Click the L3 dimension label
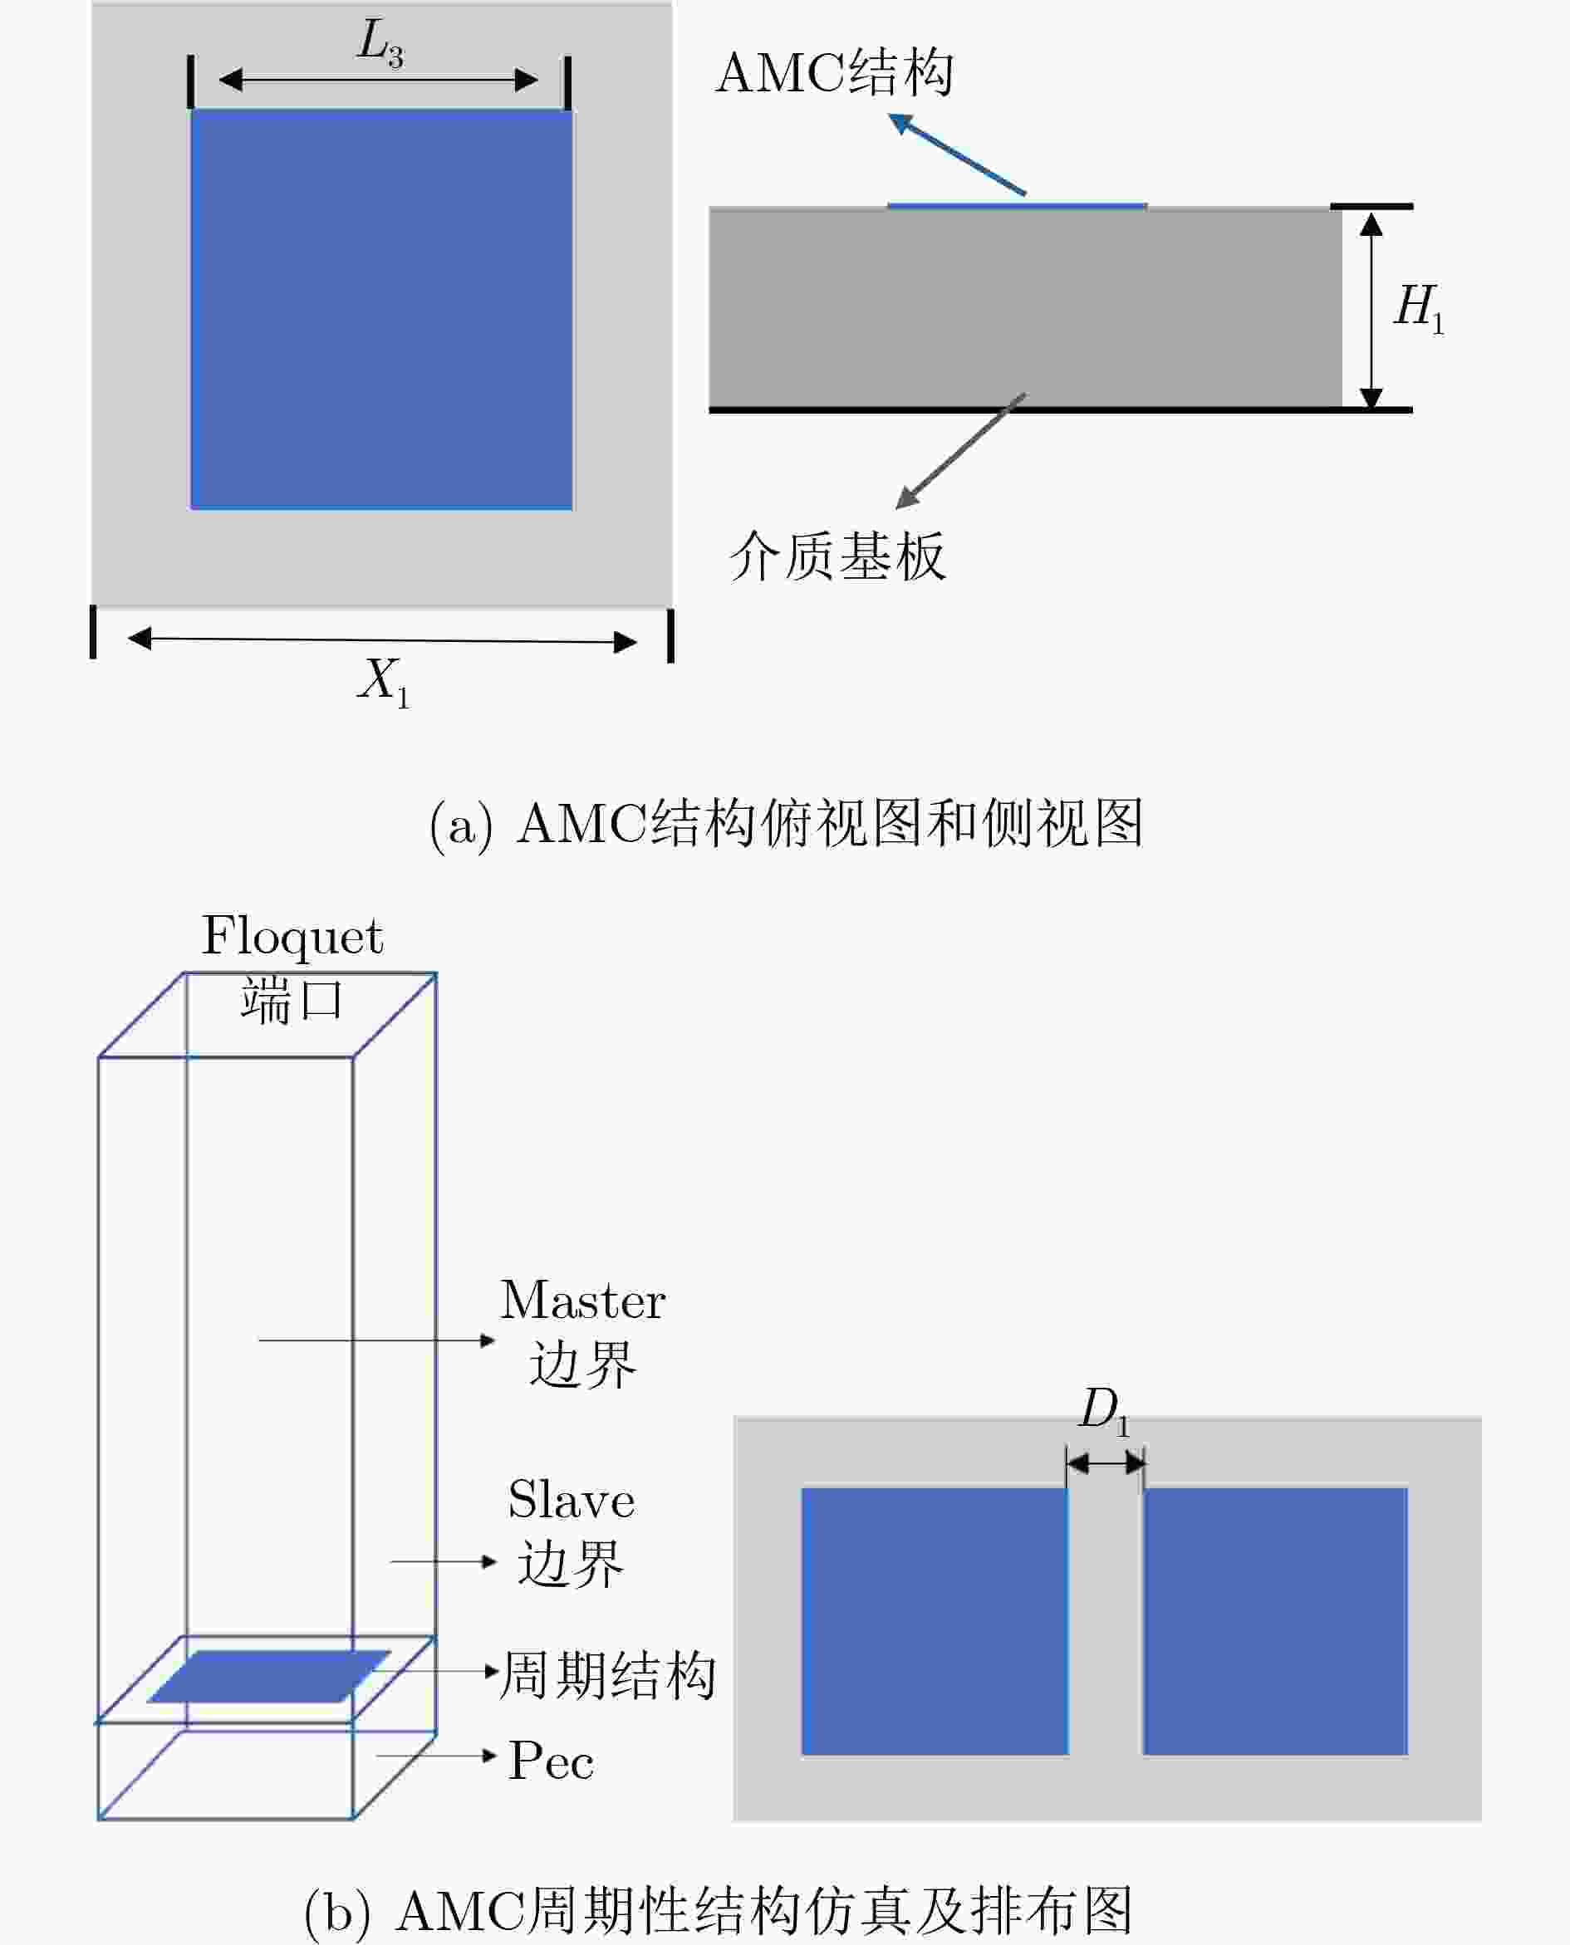coord(380,42)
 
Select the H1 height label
coord(1418,307)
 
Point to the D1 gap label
coord(1104,1409)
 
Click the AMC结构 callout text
coord(834,73)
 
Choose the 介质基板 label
coord(837,556)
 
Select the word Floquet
coord(292,936)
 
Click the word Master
coord(583,1301)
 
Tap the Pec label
coord(551,1761)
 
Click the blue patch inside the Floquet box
coord(268,1676)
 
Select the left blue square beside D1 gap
coord(935,1621)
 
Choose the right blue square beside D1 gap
coord(1275,1621)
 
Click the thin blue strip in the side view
coord(1017,206)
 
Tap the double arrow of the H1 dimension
coord(1371,309)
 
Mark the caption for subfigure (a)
coord(785,824)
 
